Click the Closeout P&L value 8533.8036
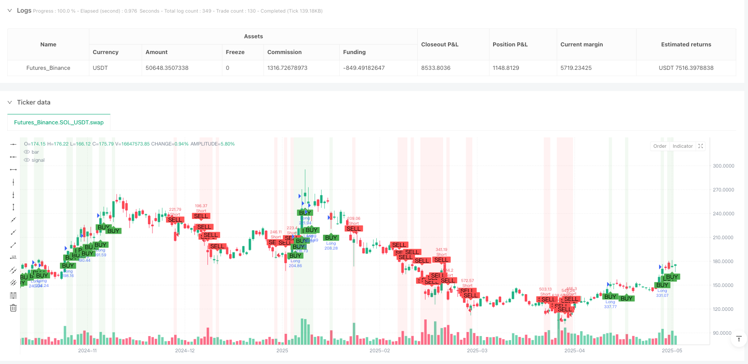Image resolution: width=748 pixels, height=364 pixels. (x=435, y=68)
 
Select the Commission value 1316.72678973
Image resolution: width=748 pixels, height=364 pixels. (x=287, y=68)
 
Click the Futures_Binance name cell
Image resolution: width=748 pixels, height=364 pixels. (x=48, y=68)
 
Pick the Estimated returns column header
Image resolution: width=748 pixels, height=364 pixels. (x=686, y=45)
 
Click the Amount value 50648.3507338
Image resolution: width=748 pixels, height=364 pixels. (x=167, y=68)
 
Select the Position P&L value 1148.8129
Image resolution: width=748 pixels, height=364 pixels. (x=506, y=68)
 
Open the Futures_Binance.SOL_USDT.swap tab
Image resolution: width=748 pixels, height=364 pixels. (x=59, y=123)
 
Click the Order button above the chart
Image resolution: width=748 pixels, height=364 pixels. (x=660, y=146)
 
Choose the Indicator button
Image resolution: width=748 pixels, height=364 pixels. (x=682, y=146)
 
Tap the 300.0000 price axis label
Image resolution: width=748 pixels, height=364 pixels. (x=723, y=166)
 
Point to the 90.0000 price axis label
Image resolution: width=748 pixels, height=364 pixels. (x=722, y=333)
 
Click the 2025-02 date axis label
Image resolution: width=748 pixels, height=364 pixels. (x=379, y=350)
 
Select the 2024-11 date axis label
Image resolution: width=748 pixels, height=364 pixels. (x=87, y=350)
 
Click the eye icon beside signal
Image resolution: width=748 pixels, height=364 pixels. (x=27, y=160)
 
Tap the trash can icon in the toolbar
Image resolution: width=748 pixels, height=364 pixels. (x=13, y=308)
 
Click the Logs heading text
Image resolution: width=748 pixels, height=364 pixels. (x=24, y=10)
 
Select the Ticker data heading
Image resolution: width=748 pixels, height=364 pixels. (x=33, y=102)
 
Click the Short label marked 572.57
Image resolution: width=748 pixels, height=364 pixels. (x=467, y=286)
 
